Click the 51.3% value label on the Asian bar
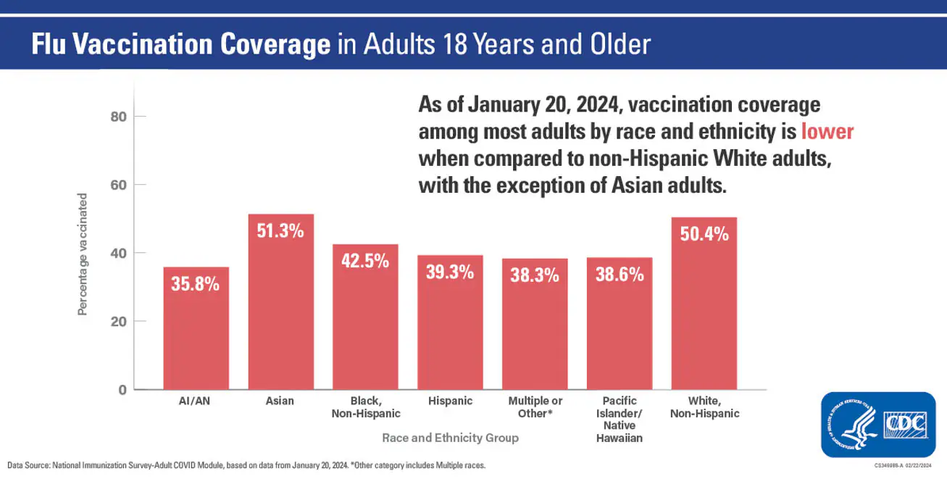[280, 231]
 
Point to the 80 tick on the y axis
[119, 117]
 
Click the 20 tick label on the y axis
[119, 322]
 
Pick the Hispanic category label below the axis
[450, 401]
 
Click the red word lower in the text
[827, 134]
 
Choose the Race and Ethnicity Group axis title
[450, 438]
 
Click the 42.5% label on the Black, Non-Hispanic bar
[365, 261]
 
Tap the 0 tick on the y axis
[122, 390]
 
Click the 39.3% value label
[450, 272]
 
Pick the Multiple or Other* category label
[535, 407]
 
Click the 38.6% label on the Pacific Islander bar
[619, 274]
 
